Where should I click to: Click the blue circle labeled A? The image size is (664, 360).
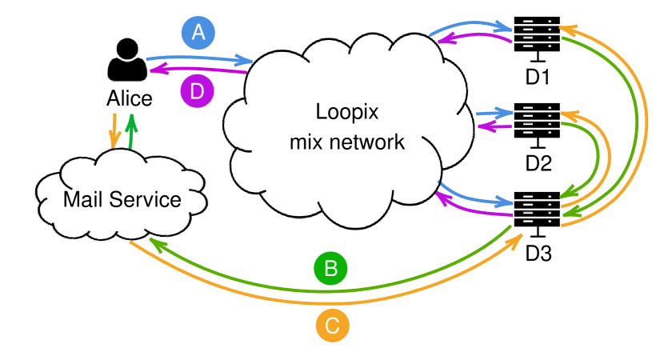click(198, 33)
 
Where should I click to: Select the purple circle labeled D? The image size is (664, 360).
click(197, 91)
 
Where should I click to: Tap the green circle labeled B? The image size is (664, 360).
click(330, 268)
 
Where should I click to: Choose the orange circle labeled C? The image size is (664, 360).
click(332, 326)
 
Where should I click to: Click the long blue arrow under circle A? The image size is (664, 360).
click(200, 58)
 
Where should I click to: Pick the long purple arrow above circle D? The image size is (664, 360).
click(200, 70)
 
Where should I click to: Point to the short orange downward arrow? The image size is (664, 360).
click(114, 130)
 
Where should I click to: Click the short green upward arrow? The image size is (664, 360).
click(131, 130)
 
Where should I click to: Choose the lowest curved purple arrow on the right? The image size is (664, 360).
click(472, 210)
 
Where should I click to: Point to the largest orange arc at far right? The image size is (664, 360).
click(646, 120)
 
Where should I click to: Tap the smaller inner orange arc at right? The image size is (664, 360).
click(609, 156)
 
